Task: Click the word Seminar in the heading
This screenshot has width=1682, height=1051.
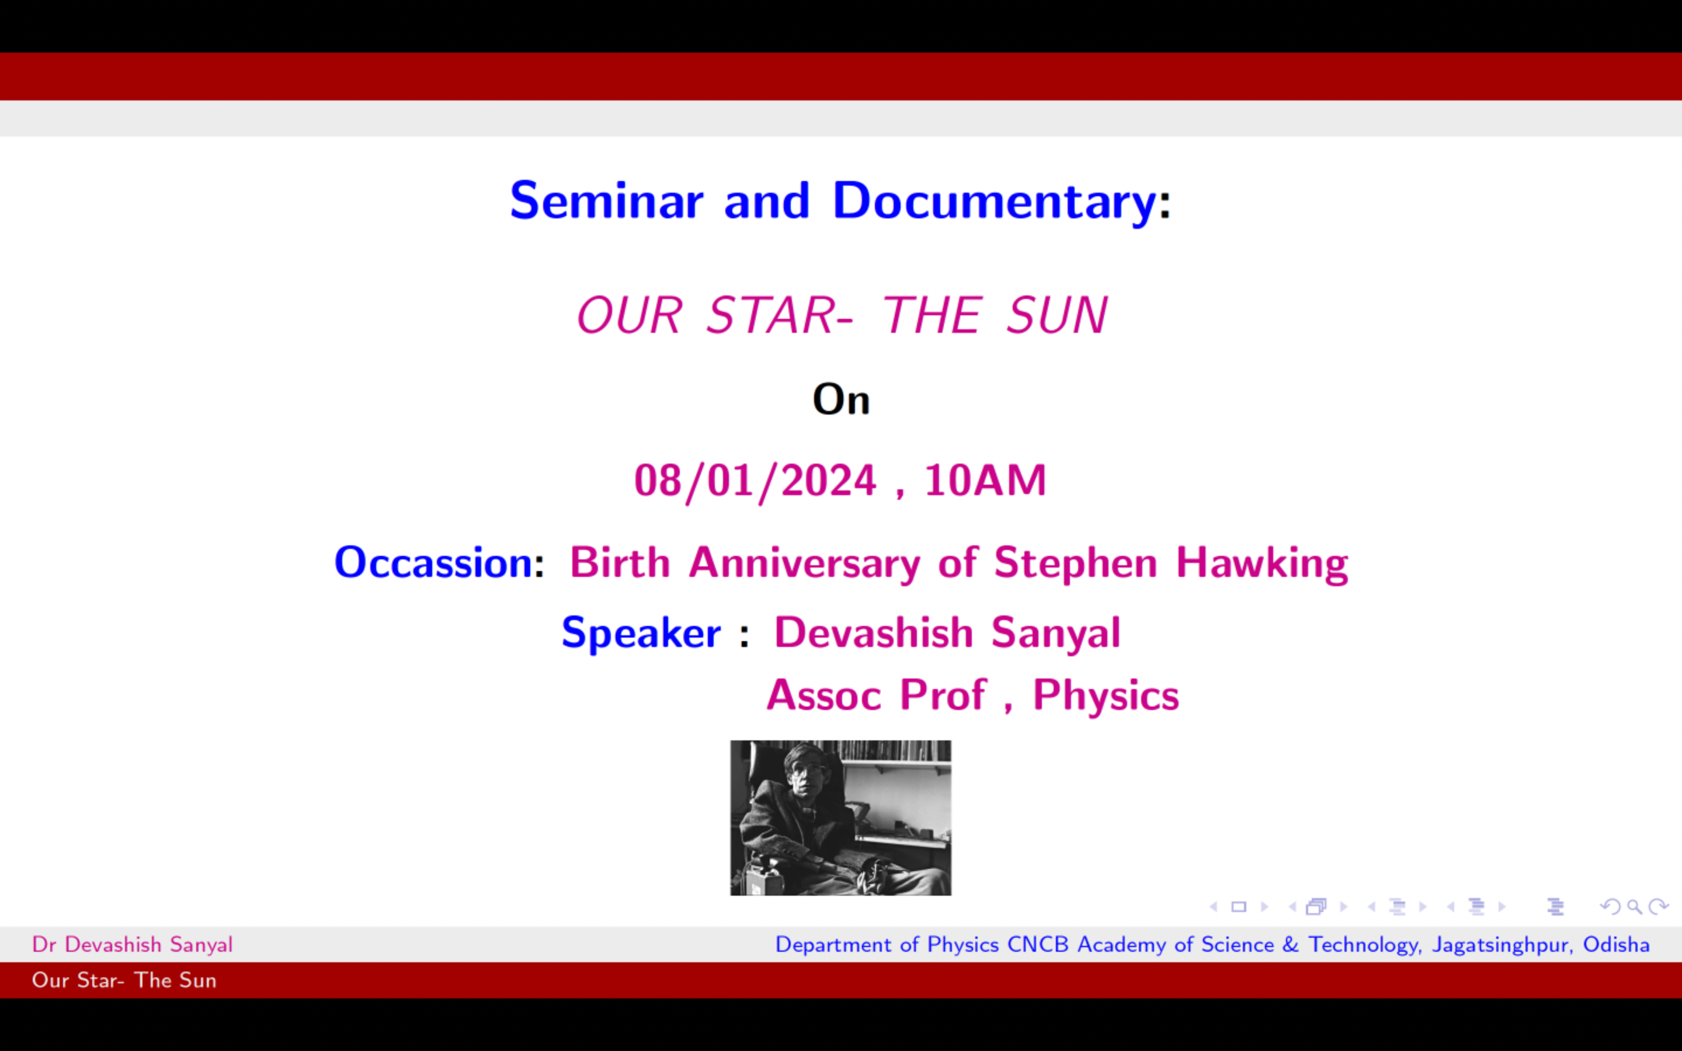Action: pyautogui.click(x=607, y=200)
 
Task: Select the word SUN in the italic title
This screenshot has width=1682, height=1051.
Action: pyautogui.click(x=1057, y=315)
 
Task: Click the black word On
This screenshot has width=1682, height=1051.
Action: pyautogui.click(x=841, y=400)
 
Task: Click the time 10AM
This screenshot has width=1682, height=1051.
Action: pyautogui.click(x=985, y=481)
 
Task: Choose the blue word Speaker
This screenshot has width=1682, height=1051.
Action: pyautogui.click(x=641, y=634)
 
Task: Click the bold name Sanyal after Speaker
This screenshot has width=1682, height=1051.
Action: pyautogui.click(x=1056, y=634)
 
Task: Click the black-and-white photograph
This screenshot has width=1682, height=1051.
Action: pyautogui.click(x=840, y=817)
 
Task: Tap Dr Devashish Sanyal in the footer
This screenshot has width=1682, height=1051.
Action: pyautogui.click(x=132, y=945)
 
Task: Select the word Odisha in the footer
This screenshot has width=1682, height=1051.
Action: pyautogui.click(x=1616, y=945)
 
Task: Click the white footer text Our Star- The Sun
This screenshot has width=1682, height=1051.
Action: pyautogui.click(x=124, y=980)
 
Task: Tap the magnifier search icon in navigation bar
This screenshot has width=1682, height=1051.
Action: pyautogui.click(x=1635, y=906)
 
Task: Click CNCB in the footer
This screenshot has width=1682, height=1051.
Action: pyautogui.click(x=1037, y=945)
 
